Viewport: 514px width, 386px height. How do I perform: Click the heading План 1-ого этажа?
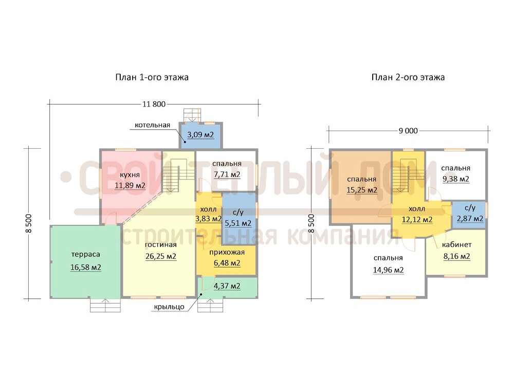[x=152, y=78]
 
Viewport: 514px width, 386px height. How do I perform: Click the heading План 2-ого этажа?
[x=408, y=78]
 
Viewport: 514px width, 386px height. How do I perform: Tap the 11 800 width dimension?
[x=154, y=104]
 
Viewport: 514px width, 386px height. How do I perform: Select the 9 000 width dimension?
[x=408, y=131]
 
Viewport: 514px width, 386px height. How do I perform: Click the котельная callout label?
[x=153, y=125]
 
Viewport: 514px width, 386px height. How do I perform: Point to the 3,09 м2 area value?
[x=200, y=134]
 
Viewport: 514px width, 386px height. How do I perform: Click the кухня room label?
[x=130, y=175]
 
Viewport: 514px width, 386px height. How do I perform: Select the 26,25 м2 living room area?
[x=160, y=256]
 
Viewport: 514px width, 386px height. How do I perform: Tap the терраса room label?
[x=85, y=254]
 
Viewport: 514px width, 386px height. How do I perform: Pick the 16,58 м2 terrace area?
[x=85, y=267]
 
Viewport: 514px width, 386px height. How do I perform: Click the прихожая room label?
[x=227, y=252]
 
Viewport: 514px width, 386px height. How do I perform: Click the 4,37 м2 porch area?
[x=227, y=286]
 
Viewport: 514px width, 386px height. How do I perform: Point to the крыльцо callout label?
[x=169, y=307]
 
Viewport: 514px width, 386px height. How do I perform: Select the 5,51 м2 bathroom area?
[x=238, y=223]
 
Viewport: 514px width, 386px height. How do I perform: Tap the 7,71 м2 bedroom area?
[x=227, y=174]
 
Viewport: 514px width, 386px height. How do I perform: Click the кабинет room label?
[x=456, y=244]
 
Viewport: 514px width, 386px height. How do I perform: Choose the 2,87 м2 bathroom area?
[x=470, y=218]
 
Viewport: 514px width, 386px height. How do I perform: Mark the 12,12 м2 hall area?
[x=417, y=220]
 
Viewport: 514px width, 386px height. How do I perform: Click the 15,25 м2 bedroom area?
[x=362, y=190]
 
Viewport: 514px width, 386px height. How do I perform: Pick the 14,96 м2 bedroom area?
[x=388, y=270]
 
